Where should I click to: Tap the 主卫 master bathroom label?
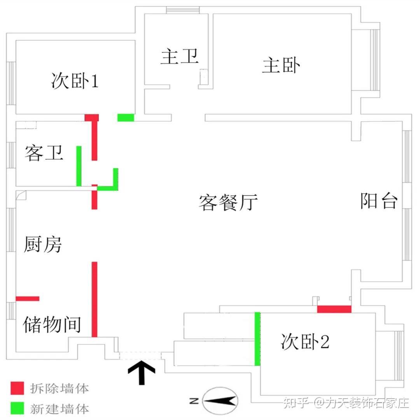pyautogui.click(x=180, y=56)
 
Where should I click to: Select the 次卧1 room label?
pyautogui.click(x=75, y=80)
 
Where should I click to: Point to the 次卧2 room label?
pyautogui.click(x=305, y=341)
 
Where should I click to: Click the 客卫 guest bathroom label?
pyautogui.click(x=44, y=153)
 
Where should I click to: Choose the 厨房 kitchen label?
pyautogui.click(x=43, y=244)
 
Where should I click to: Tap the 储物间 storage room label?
pyautogui.click(x=52, y=324)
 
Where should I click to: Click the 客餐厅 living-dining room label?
pyautogui.click(x=228, y=202)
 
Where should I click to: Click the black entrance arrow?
pyautogui.click(x=142, y=372)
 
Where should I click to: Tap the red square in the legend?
pyautogui.click(x=17, y=388)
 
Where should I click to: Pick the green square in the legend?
pyautogui.click(x=17, y=408)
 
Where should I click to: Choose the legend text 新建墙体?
pyautogui.click(x=59, y=409)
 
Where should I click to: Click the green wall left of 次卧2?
pyautogui.click(x=257, y=339)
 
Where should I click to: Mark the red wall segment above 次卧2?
pyautogui.click(x=334, y=309)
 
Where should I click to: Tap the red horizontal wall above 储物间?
pyautogui.click(x=28, y=299)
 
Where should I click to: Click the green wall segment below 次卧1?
pyautogui.click(x=126, y=117)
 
